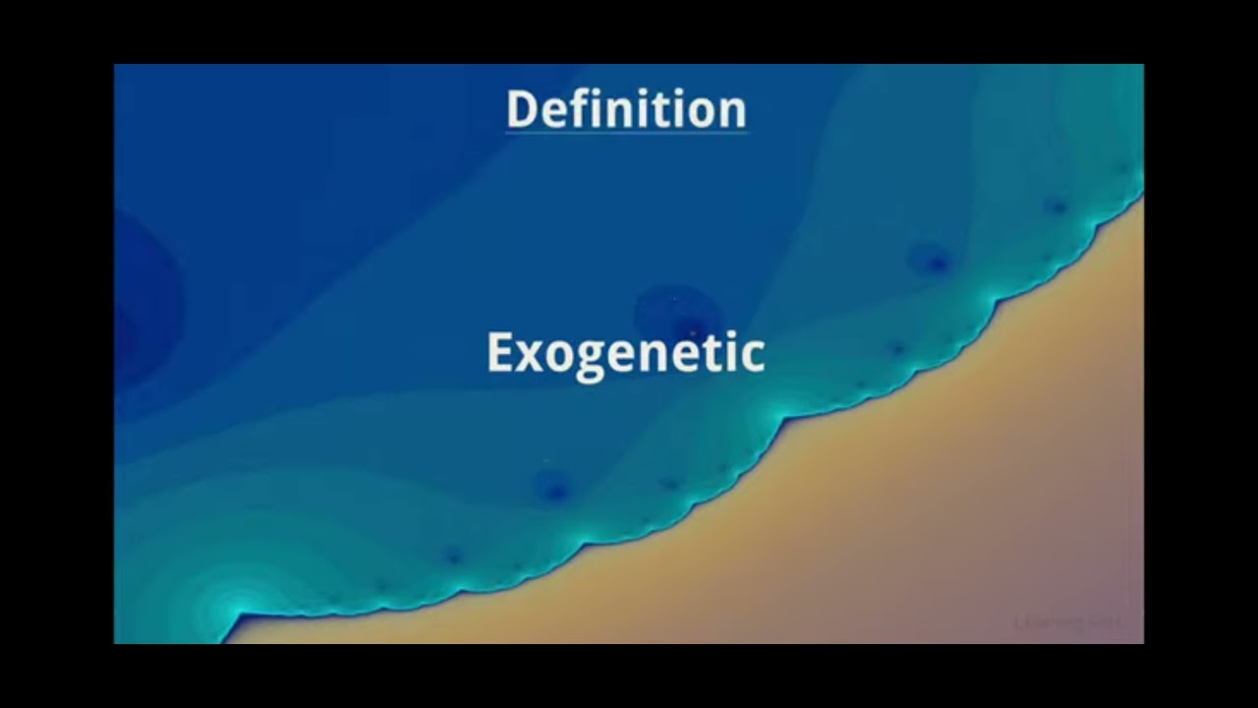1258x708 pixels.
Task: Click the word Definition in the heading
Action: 626,109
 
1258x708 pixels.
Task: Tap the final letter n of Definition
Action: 733,113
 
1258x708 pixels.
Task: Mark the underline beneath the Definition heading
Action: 626,132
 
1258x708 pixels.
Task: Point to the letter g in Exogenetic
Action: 587,361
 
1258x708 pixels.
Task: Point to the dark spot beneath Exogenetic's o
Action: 553,487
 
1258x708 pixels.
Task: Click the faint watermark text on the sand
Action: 1066,622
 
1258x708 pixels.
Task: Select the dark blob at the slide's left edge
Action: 138,305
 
